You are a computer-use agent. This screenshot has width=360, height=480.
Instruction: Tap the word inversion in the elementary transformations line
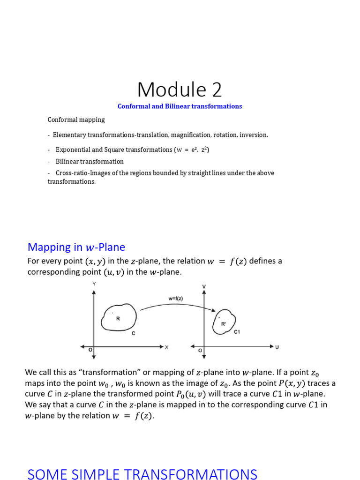pos(254,135)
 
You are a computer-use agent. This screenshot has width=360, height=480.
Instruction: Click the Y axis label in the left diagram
pos(94,284)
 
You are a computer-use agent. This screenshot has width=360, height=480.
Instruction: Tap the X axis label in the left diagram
pos(166,347)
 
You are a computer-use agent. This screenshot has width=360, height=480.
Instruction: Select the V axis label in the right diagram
pos(204,286)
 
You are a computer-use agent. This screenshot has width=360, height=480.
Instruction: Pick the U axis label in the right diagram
pos(277,347)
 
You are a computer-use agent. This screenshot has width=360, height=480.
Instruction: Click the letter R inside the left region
pos(118,319)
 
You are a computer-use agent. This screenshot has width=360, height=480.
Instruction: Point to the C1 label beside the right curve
pos(237,332)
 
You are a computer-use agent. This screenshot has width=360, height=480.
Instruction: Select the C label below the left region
pos(133,333)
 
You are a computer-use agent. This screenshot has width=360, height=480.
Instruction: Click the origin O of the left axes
pos(90,350)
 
